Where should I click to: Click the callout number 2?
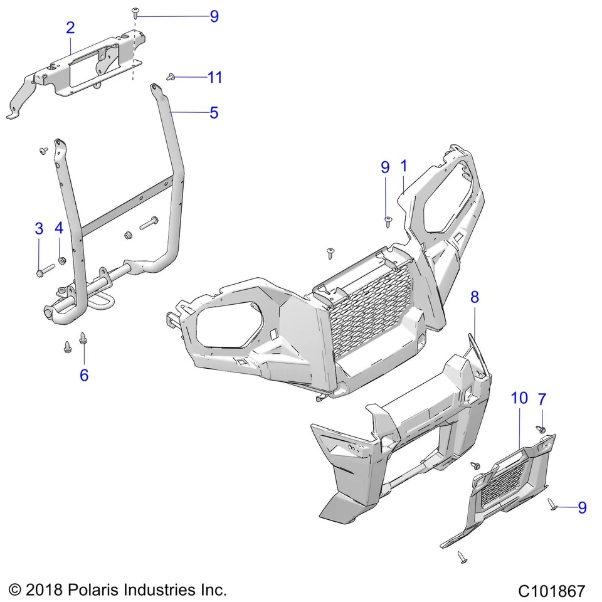point(70,28)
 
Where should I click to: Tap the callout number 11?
point(214,77)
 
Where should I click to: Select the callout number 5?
point(214,113)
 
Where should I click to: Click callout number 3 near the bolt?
point(39,228)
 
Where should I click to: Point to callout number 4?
point(59,228)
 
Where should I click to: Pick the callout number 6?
point(83,375)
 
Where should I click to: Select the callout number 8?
point(475,297)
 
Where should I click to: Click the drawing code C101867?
point(551,591)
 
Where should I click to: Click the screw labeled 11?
point(170,77)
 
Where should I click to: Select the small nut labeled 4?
point(61,260)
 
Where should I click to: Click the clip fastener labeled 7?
point(541,429)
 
